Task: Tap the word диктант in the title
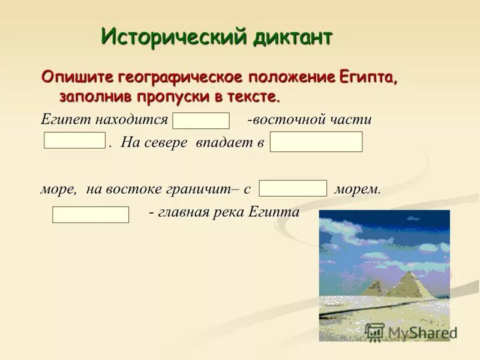tap(292, 37)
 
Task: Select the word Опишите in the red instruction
tap(77, 77)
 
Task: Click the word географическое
tap(178, 77)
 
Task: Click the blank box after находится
tap(201, 121)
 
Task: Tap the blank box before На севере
tap(75, 140)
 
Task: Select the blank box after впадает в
tap(316, 142)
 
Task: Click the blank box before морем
tap(293, 188)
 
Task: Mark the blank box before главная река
tap(91, 214)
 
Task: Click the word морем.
tap(358, 189)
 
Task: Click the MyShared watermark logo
tap(411, 332)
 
